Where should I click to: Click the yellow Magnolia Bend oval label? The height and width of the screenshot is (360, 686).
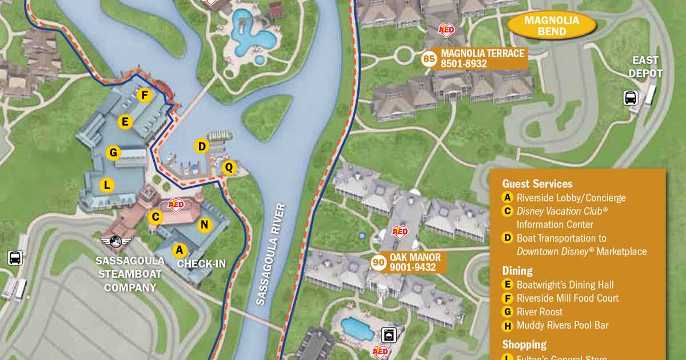[x=552, y=26]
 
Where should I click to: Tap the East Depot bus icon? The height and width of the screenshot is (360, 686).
[x=631, y=98]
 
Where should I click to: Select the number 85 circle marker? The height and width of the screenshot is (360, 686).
[x=429, y=58]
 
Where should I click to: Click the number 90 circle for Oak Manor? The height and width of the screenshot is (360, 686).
[x=378, y=262]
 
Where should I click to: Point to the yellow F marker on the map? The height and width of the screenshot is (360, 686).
[x=145, y=95]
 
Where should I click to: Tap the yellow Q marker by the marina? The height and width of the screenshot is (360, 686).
[x=229, y=167]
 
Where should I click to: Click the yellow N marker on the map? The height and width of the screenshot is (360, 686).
[x=204, y=225]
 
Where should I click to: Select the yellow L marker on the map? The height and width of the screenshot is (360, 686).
[x=106, y=185]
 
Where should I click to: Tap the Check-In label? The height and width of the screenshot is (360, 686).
[x=201, y=264]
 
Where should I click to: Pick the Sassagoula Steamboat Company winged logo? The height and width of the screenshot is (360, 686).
[x=116, y=242]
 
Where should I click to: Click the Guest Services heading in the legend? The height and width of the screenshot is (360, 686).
[x=537, y=184]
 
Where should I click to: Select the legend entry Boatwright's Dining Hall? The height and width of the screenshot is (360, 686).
[x=565, y=285]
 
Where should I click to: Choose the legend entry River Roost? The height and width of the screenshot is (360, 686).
[x=539, y=312]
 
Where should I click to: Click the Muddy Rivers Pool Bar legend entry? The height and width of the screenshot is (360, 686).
[x=562, y=326]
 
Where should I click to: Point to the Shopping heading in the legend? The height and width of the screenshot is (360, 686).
[x=524, y=345]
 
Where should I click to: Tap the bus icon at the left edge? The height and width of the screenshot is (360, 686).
[x=15, y=258]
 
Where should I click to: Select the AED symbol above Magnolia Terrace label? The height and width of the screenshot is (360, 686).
[x=446, y=30]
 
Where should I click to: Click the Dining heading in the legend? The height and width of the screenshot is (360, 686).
[x=517, y=271]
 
